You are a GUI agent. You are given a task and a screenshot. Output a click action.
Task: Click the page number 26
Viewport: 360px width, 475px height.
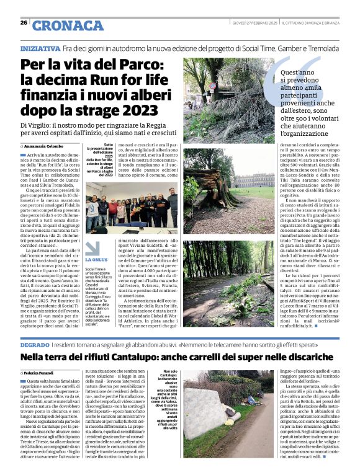click(24, 23)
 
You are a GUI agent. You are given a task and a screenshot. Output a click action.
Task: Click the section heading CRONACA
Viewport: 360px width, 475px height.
click(68, 25)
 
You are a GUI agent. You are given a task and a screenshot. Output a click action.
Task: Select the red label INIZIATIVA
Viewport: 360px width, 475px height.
click(40, 47)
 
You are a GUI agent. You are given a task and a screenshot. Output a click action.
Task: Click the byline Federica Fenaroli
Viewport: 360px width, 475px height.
click(43, 371)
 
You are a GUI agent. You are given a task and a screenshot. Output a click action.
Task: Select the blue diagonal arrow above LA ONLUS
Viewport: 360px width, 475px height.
click(91, 246)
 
